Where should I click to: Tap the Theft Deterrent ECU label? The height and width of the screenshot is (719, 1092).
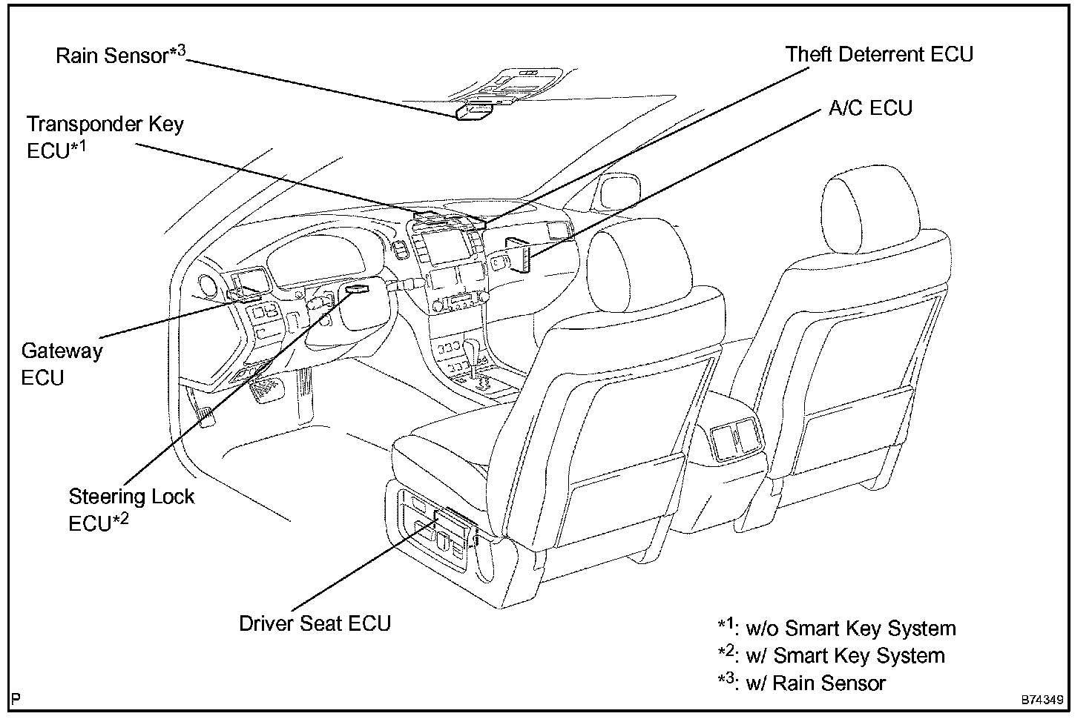coord(879,54)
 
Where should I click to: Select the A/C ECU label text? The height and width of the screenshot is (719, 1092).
coord(869,108)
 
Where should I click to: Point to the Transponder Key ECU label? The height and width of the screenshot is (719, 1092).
coord(105,136)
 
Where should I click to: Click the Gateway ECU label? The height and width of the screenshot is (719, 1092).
coord(61,364)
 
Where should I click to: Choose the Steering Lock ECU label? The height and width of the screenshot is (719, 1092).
coord(131,509)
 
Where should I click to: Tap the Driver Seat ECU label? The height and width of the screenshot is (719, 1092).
coord(315,623)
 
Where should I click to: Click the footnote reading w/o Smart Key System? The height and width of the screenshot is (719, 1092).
coord(837,628)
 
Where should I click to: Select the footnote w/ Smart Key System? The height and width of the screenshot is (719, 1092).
coord(831,655)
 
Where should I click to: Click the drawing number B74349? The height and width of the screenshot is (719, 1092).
coord(1042,700)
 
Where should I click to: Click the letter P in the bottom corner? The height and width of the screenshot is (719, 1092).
coord(16,699)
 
